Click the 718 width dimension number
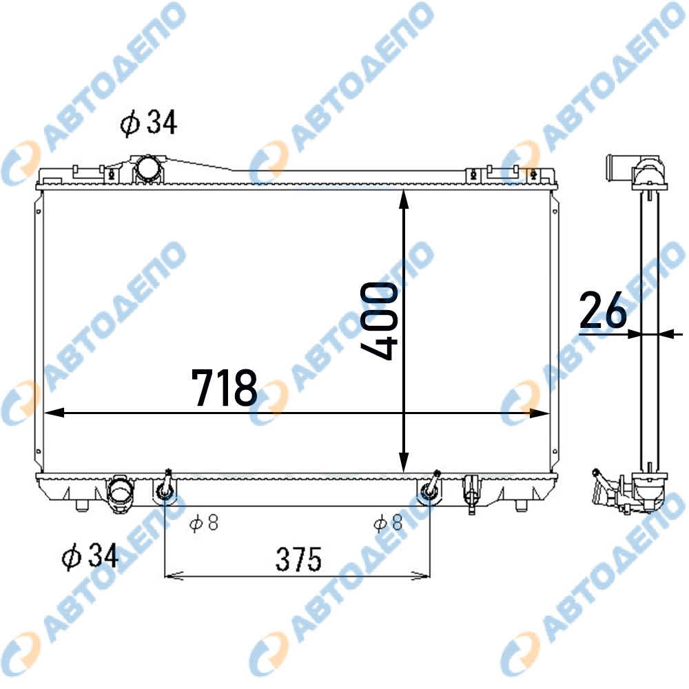click(224, 387)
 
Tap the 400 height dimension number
click(379, 321)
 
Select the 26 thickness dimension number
click(603, 310)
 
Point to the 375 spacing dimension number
click(298, 559)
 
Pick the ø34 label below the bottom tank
click(90, 556)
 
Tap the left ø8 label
click(204, 523)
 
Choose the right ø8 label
click(388, 522)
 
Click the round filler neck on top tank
click(149, 169)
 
